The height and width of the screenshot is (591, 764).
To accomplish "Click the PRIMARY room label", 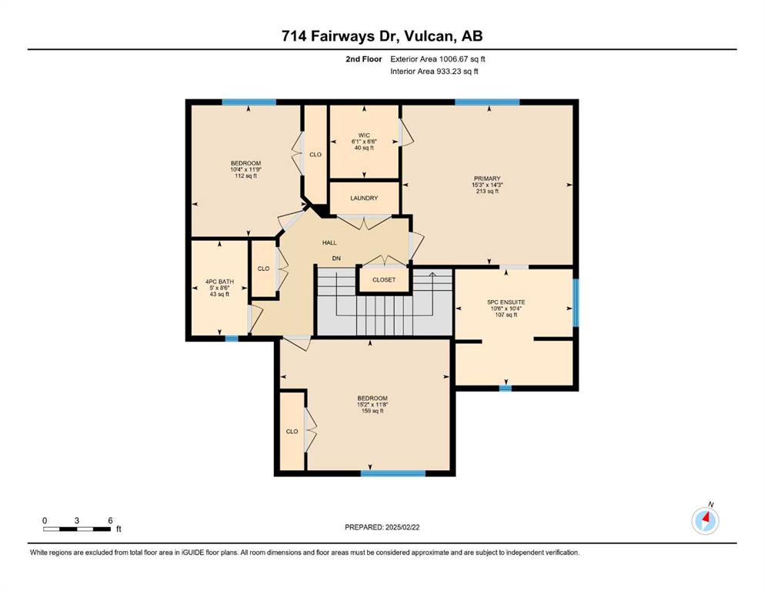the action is (x=487, y=179).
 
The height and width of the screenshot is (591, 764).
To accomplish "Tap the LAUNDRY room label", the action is (x=364, y=199).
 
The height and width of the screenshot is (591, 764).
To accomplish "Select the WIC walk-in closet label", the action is (x=364, y=135).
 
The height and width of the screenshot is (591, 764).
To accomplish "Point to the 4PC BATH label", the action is (x=220, y=282).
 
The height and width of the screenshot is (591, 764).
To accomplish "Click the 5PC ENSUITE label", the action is (x=506, y=302).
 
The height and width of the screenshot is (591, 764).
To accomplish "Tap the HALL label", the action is (x=329, y=242).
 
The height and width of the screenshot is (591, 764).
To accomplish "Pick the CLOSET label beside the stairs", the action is (x=384, y=280).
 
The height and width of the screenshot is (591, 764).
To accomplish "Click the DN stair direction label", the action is (x=336, y=259).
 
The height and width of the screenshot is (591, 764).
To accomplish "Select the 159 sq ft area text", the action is (x=372, y=411).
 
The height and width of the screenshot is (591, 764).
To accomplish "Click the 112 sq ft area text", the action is (x=246, y=176).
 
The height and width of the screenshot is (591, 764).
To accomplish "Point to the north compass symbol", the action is (x=706, y=519).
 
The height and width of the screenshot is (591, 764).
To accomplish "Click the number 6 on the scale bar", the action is (x=111, y=520).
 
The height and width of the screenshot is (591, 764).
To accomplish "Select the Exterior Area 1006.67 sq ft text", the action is (x=438, y=59).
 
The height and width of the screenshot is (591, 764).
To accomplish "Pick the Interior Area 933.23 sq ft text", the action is (x=434, y=71).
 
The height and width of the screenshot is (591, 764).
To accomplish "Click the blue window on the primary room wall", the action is (x=487, y=102).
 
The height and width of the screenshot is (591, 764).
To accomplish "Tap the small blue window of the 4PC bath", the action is (x=232, y=339).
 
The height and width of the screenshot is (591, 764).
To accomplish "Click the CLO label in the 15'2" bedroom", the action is (x=292, y=432).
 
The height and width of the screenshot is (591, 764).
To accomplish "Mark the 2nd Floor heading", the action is (x=364, y=59).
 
